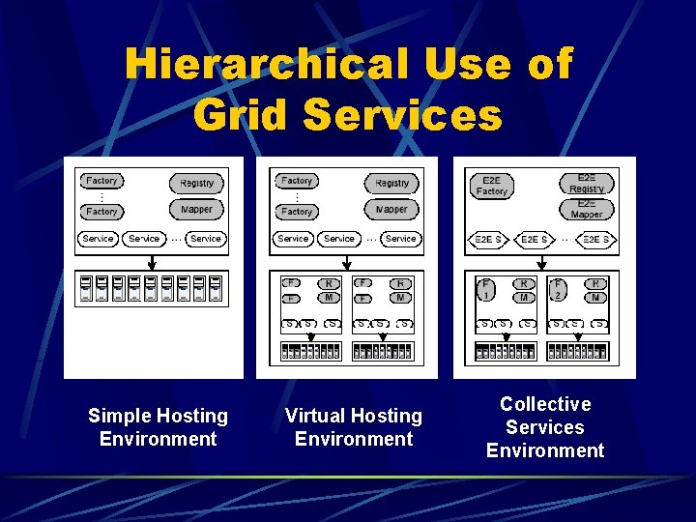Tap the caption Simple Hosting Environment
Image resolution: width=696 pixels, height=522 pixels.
point(158,427)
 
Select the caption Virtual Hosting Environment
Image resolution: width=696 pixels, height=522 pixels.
point(353,427)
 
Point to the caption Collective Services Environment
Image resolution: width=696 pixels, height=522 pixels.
point(545,427)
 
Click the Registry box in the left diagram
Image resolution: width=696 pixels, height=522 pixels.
point(197,183)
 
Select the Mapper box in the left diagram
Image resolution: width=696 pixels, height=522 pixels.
point(197,210)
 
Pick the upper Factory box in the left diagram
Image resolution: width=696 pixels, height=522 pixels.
point(101,181)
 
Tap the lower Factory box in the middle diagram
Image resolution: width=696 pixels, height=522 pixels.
point(297,211)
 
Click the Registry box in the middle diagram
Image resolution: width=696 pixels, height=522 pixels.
point(391,183)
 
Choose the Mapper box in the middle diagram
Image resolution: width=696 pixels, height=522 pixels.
point(391,210)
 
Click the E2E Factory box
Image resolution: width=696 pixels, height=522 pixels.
point(492,186)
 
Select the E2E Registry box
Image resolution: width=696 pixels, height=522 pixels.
point(587,183)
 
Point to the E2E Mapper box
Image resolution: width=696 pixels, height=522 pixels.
point(587,210)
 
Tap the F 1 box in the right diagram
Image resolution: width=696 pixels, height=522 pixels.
point(487,288)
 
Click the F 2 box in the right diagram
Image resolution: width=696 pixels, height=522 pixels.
point(558,288)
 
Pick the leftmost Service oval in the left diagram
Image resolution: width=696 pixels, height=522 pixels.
point(98,239)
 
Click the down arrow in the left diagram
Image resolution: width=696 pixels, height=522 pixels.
point(151,262)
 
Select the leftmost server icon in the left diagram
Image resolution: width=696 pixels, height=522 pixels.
point(86,290)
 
